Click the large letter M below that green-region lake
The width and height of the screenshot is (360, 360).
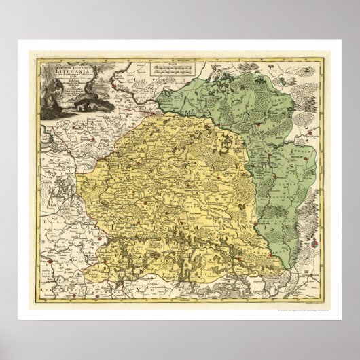173,115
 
